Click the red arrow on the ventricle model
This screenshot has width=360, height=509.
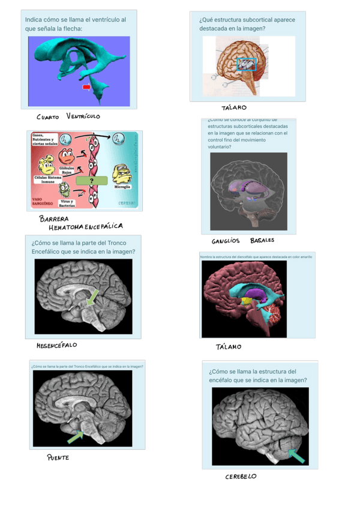click(86, 87)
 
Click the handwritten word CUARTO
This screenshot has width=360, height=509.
click(47, 117)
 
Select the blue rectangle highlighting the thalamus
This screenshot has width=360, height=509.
click(246, 64)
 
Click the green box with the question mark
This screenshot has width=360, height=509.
click(91, 181)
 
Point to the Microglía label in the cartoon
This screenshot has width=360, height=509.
click(124, 187)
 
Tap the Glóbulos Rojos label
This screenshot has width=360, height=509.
click(67, 170)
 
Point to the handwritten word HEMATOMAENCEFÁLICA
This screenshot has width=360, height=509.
click(86, 227)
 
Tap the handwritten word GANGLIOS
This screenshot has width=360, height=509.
click(226, 241)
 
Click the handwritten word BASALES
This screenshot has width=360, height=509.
click(262, 240)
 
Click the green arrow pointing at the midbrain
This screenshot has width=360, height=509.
click(92, 297)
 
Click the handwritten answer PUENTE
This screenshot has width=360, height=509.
click(58, 458)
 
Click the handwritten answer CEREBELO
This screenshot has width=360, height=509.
click(241, 477)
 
